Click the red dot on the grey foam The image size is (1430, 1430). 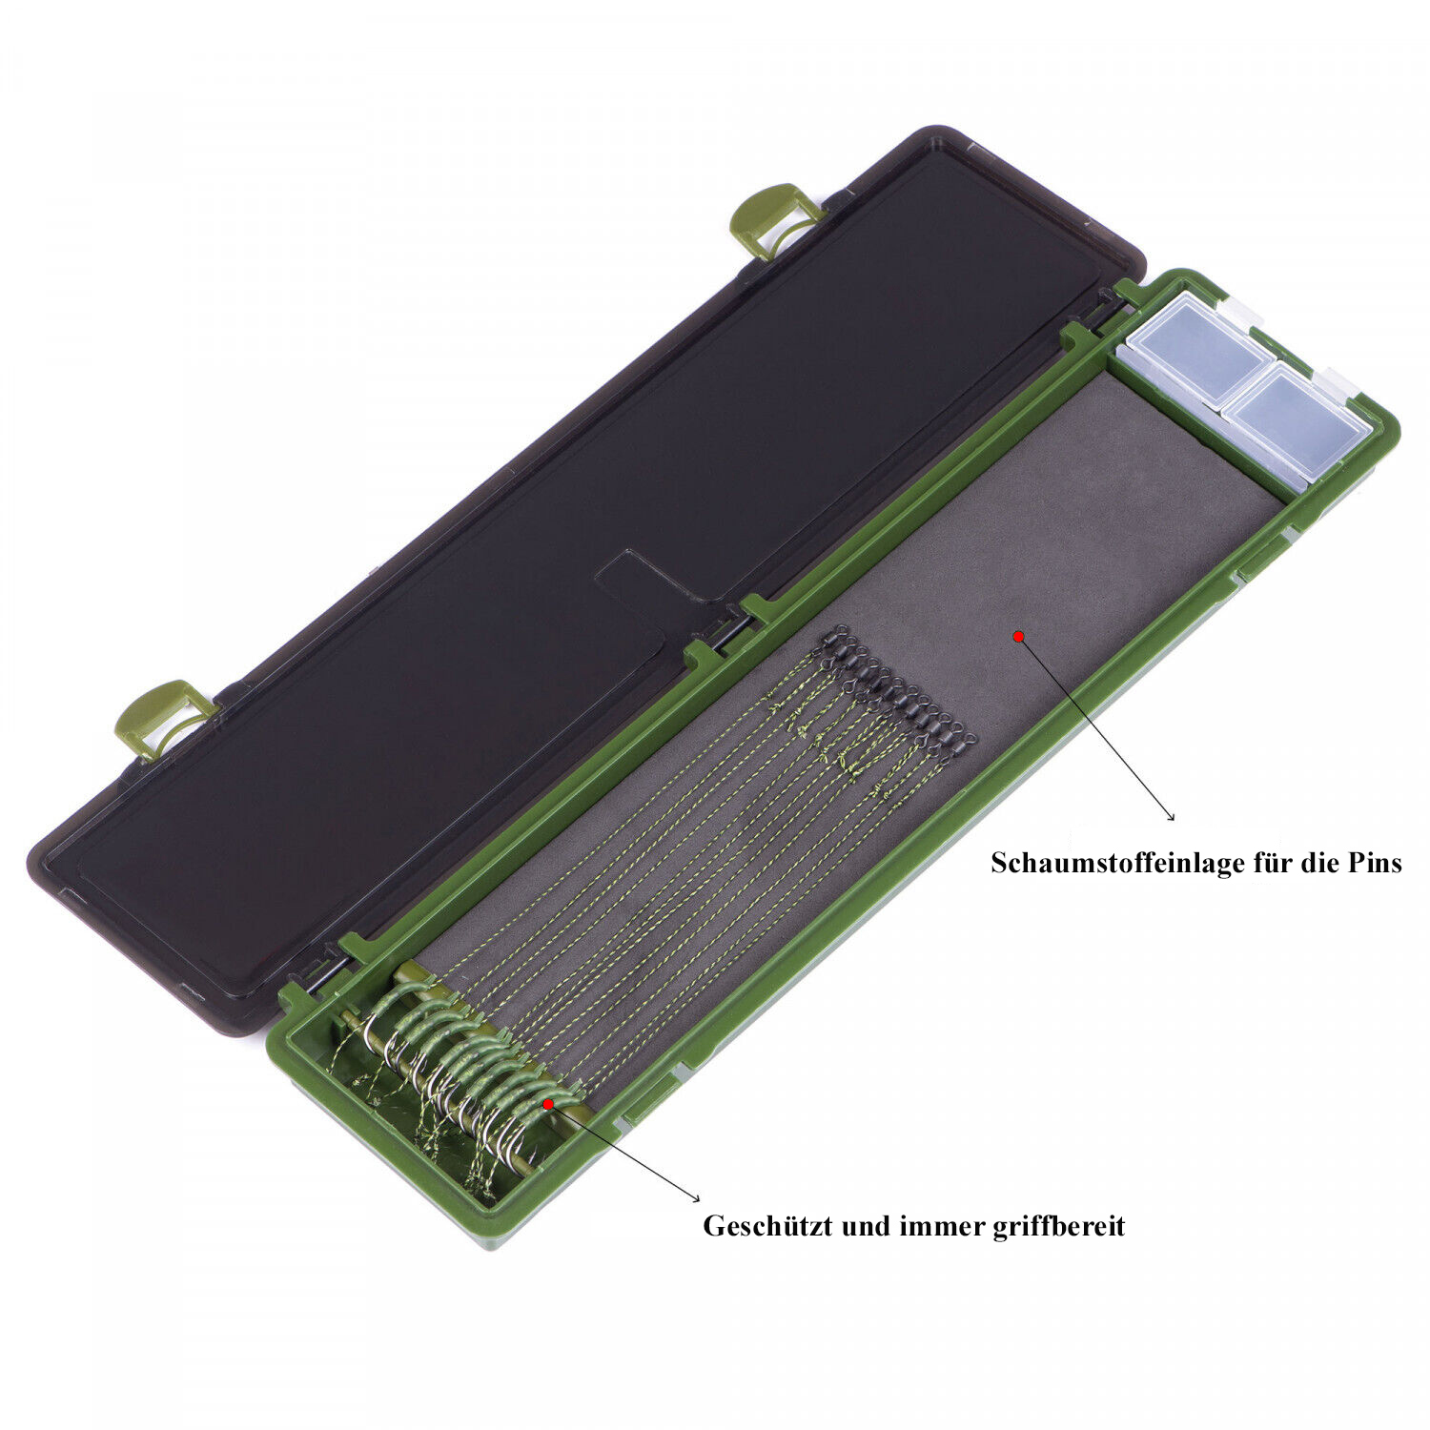click(x=1018, y=636)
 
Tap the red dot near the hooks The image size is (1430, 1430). click(x=547, y=1103)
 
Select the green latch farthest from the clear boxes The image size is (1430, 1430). click(x=162, y=717)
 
